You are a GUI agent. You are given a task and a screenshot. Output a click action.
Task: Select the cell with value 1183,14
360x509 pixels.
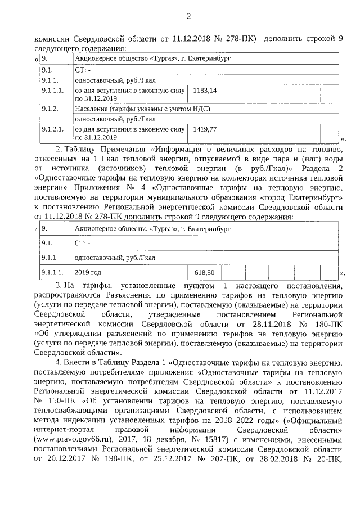point(205,90)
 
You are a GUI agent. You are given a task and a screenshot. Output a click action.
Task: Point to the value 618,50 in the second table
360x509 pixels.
point(204,273)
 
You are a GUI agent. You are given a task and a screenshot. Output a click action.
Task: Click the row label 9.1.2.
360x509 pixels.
point(51,107)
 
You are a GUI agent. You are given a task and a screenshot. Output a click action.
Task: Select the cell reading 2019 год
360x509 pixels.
point(88,273)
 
